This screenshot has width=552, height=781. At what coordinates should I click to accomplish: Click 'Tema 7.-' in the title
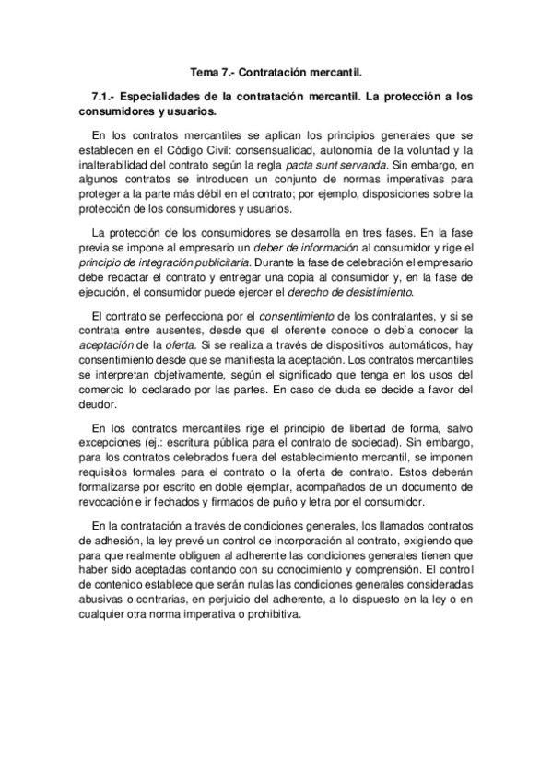pyautogui.click(x=211, y=71)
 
